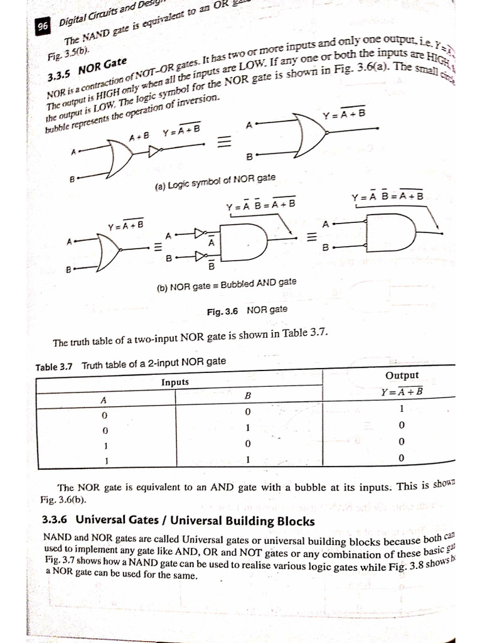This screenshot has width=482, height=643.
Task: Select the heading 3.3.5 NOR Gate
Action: [87, 69]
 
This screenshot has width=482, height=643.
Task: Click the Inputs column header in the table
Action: [175, 382]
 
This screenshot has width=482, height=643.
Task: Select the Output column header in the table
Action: [402, 376]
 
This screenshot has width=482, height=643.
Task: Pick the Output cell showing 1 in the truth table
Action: [402, 409]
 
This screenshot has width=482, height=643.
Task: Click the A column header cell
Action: [104, 399]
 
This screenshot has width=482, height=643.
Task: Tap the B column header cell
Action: [248, 396]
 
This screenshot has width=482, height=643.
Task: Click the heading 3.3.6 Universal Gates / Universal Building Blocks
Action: [178, 521]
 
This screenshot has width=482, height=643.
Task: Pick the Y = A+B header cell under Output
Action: [402, 392]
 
